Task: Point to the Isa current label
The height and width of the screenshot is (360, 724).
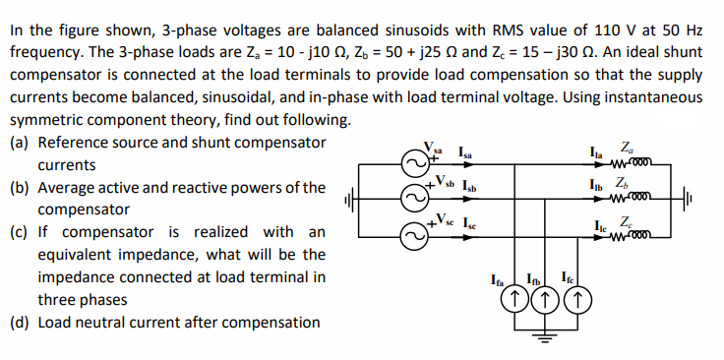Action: pyautogui.click(x=468, y=152)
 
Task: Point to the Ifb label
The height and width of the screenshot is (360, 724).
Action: pyautogui.click(x=535, y=280)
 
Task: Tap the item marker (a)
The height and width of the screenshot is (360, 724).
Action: pyautogui.click(x=20, y=143)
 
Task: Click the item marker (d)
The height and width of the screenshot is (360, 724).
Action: pyautogui.click(x=20, y=322)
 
